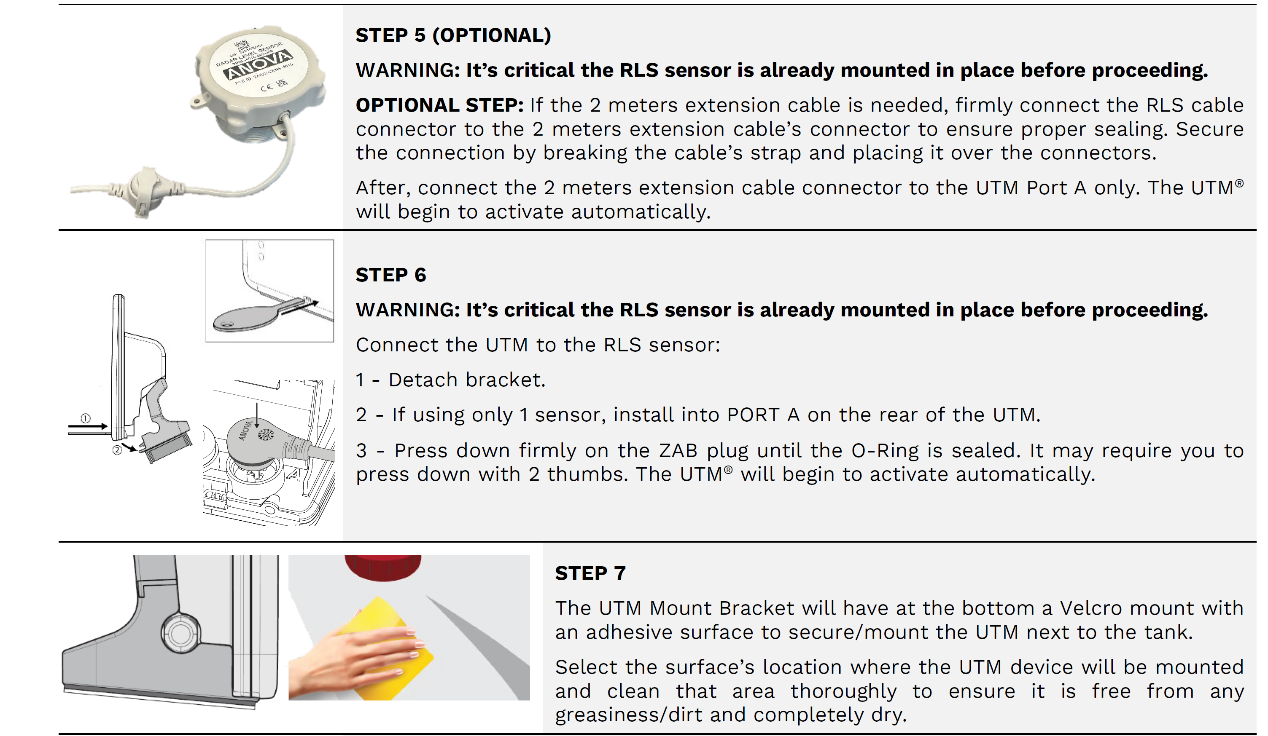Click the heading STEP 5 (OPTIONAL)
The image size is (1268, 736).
tap(453, 35)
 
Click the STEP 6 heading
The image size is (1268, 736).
tap(390, 275)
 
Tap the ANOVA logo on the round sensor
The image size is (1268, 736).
tap(258, 65)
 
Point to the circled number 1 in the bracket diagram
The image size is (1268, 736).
tap(86, 418)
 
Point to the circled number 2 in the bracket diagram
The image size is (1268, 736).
tap(117, 450)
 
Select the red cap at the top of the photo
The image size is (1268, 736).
tap(383, 567)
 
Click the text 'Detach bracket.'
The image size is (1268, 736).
tap(466, 380)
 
